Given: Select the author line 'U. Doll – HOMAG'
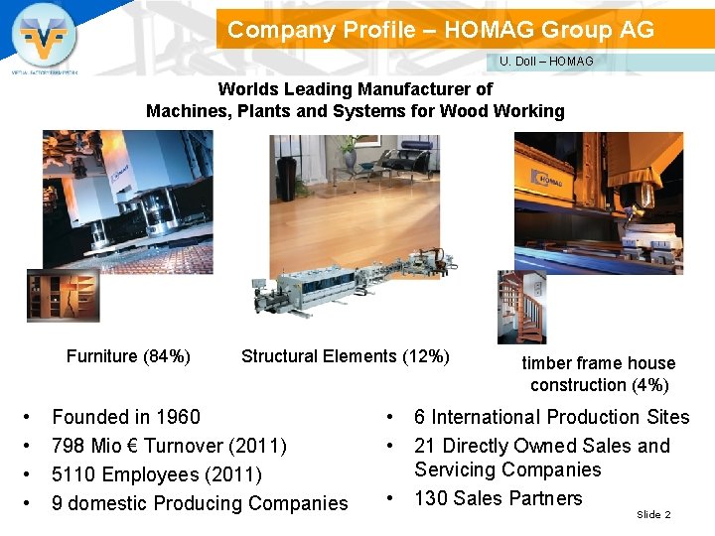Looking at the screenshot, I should point(546,62).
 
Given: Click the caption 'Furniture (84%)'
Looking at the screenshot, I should point(128,356).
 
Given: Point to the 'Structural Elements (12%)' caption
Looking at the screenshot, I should point(345,356).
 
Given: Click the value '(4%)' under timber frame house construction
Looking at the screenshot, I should point(649,385).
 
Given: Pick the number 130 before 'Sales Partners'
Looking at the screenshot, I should point(431,498).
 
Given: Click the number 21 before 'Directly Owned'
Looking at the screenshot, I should point(425,446).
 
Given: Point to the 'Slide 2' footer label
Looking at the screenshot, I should point(653,514).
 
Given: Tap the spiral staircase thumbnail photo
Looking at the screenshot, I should point(520,307).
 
